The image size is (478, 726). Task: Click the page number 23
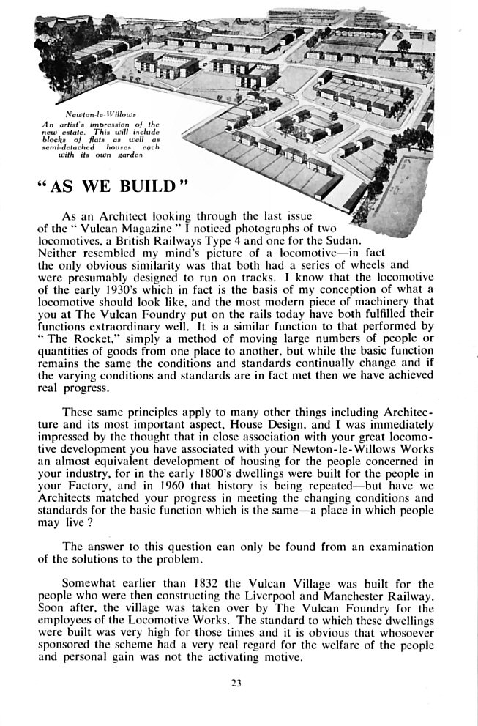point(236,684)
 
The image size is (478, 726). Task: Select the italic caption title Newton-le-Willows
point(97,115)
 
